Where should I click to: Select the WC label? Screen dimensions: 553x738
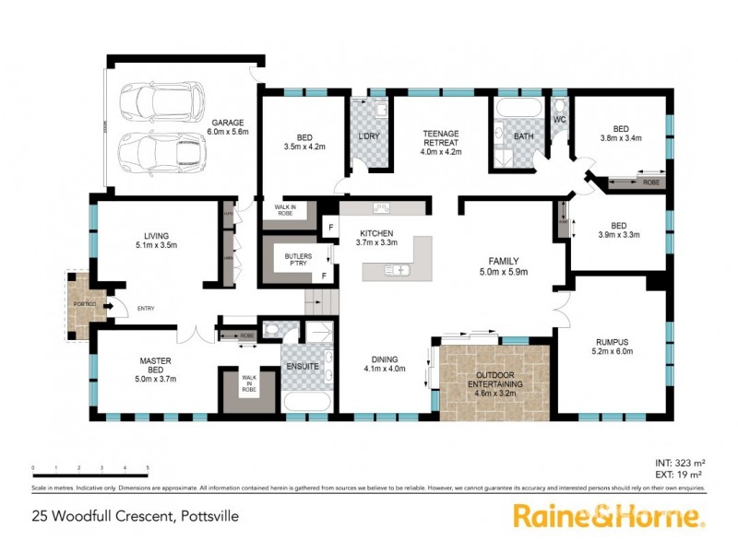[559, 120]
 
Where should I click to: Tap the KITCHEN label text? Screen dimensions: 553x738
[375, 233]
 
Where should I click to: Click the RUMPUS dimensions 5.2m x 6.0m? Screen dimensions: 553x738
[610, 360]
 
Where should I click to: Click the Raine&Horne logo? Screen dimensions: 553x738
[609, 515]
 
